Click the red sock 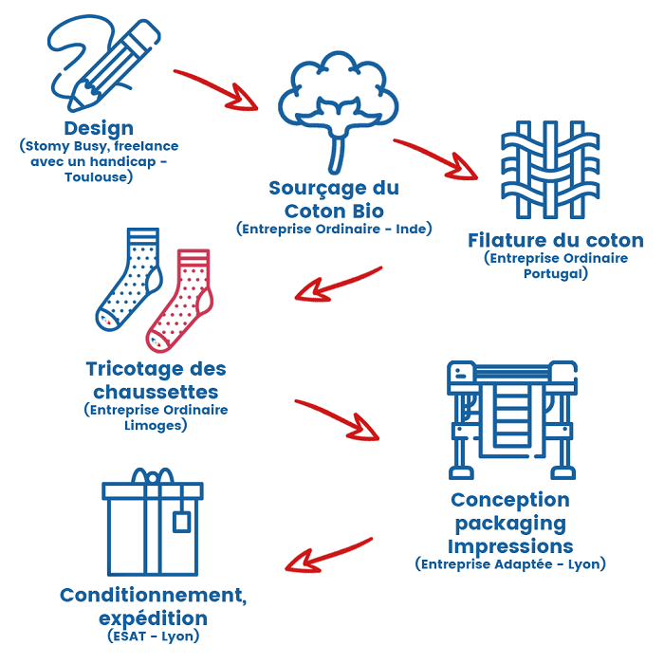[x=183, y=299]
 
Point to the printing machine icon [x=511, y=417]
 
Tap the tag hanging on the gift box [x=180, y=521]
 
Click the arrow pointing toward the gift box [x=328, y=553]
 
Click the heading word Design [x=99, y=128]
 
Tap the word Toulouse [x=99, y=176]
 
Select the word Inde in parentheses [x=411, y=229]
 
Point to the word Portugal [x=556, y=273]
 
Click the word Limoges [x=156, y=425]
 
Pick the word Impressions [x=510, y=546]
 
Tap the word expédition [x=153, y=618]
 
